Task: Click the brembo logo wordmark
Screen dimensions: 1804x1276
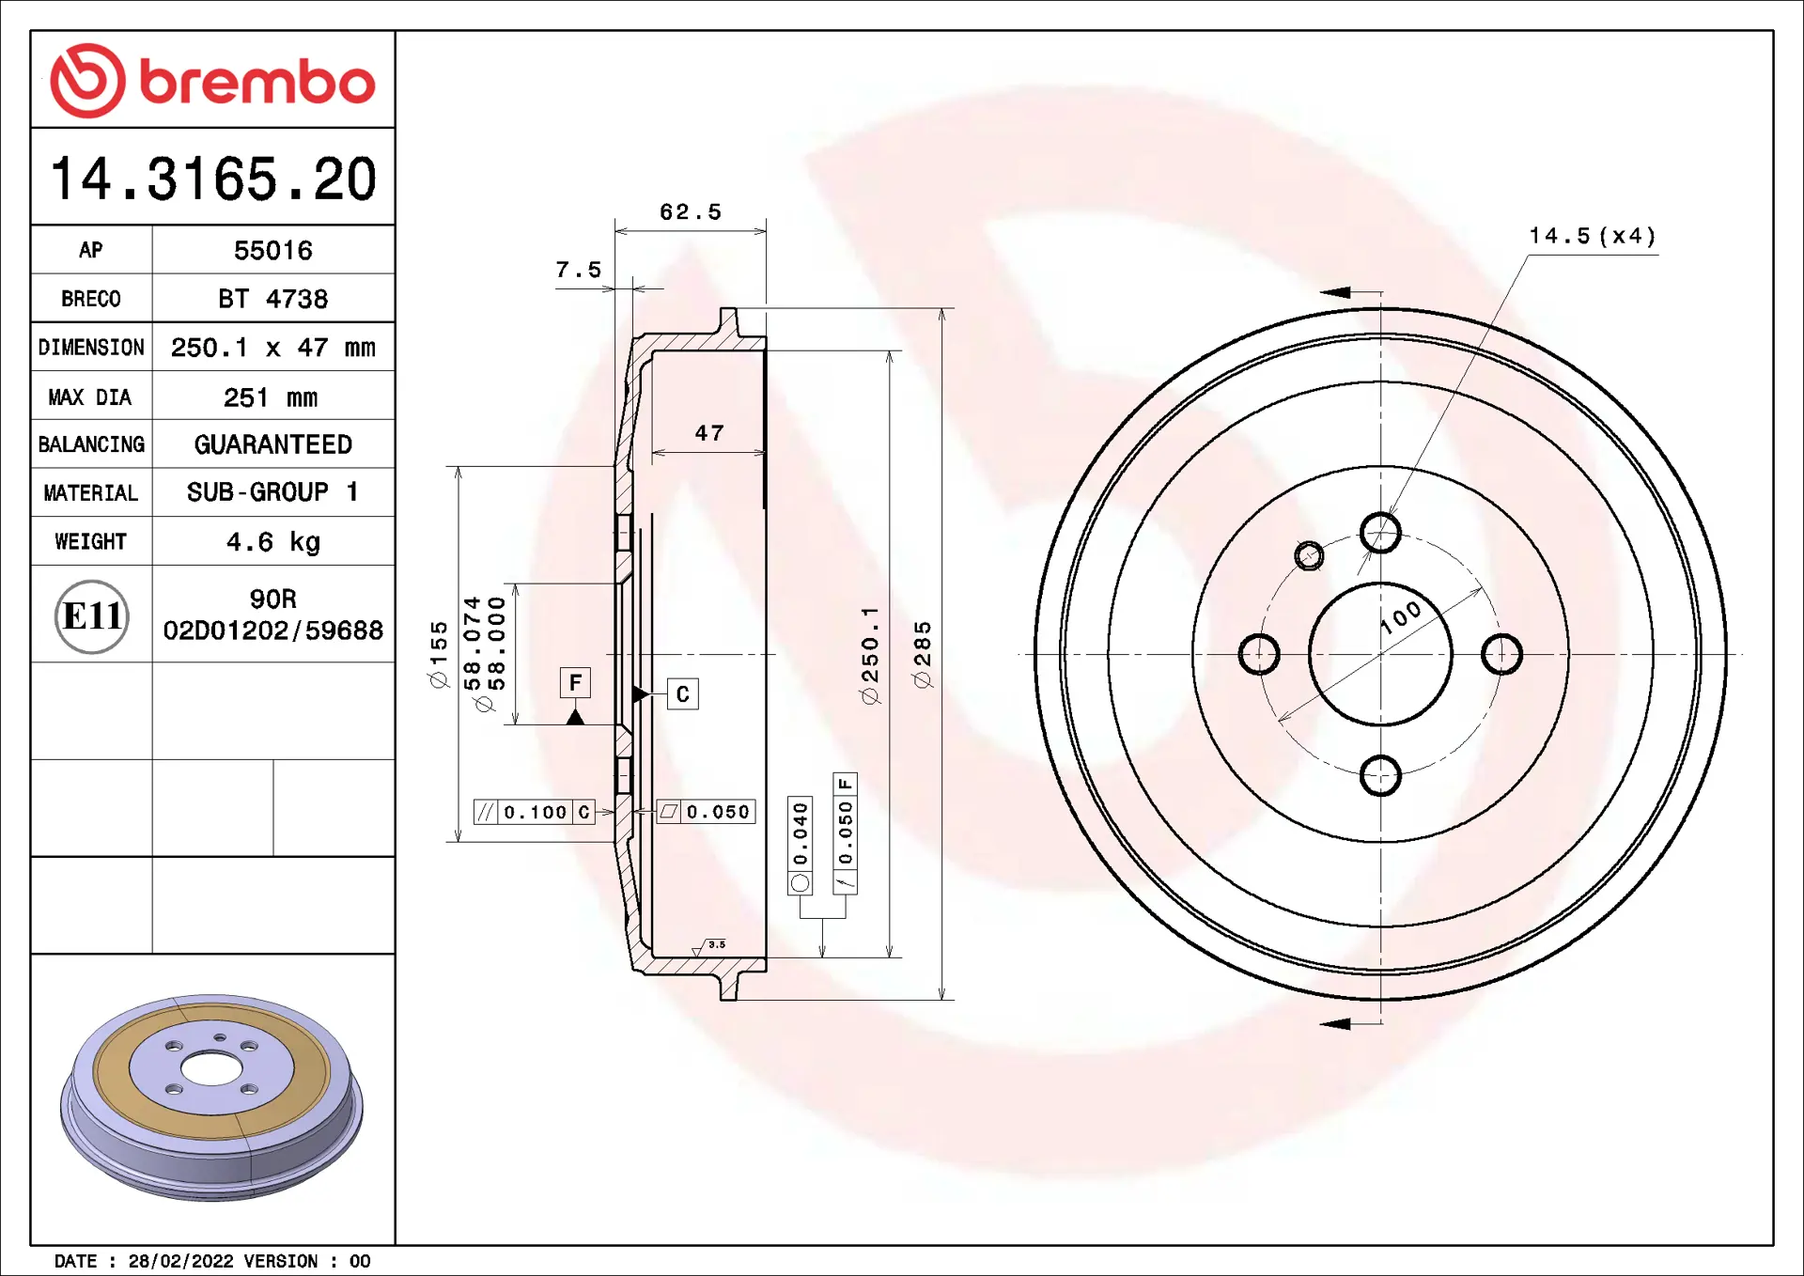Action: [x=257, y=82]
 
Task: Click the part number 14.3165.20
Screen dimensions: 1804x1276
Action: [x=213, y=179]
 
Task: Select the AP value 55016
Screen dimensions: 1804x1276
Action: [x=273, y=251]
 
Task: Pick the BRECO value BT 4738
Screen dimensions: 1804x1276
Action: [x=273, y=299]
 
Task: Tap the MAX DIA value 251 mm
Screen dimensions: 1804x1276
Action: [x=271, y=397]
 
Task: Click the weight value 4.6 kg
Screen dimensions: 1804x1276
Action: [x=273, y=542]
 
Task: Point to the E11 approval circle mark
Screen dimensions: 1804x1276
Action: [x=92, y=616]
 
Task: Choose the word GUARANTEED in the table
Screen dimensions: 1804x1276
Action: [x=273, y=444]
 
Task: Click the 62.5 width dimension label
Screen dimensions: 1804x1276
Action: [x=691, y=212]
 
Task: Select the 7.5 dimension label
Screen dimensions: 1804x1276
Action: [x=579, y=270]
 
